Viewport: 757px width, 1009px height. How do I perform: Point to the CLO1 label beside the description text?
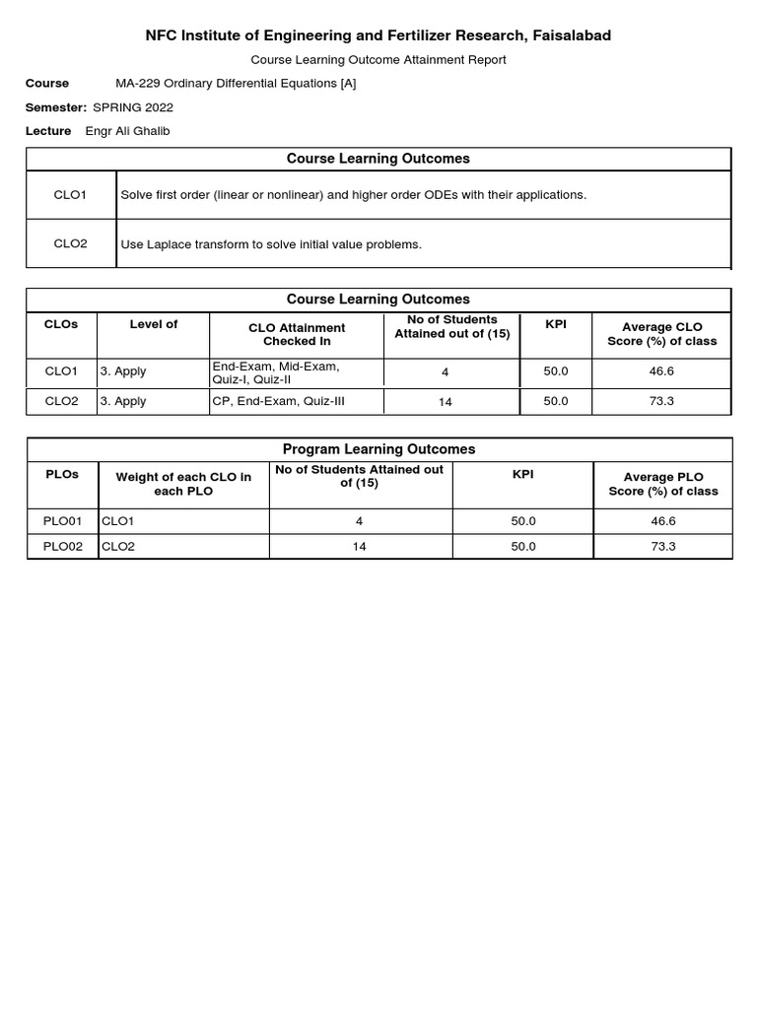[70, 195]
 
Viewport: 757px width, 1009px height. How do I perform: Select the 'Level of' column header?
[153, 324]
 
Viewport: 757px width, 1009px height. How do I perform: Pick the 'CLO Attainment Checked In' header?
[297, 334]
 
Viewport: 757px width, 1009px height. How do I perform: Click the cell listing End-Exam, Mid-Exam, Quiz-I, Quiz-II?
[276, 372]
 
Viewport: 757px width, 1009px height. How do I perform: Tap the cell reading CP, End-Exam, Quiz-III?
[278, 401]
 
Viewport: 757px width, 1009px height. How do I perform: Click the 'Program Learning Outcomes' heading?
[378, 449]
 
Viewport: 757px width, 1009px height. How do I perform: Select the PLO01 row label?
[62, 521]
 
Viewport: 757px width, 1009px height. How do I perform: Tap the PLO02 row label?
[62, 547]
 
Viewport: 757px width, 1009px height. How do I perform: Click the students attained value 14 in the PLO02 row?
[359, 547]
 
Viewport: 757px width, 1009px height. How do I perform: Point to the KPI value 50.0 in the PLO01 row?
[523, 521]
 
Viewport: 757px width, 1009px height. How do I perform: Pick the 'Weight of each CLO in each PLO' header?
[183, 484]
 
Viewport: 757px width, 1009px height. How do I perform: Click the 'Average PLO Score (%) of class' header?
[662, 484]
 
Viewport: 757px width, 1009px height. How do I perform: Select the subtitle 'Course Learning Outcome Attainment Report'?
[378, 60]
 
